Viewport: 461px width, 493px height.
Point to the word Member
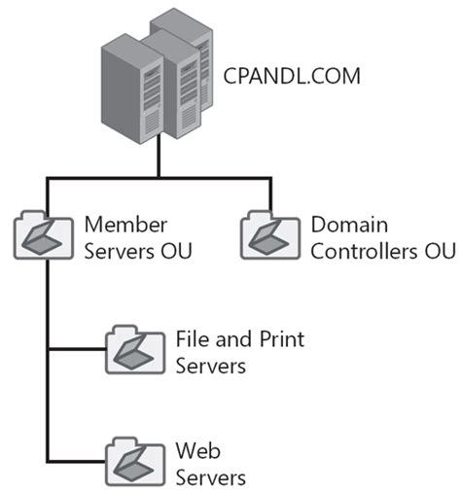coord(121,225)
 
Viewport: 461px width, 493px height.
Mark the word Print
coord(278,339)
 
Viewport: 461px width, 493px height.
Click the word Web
coord(195,450)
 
